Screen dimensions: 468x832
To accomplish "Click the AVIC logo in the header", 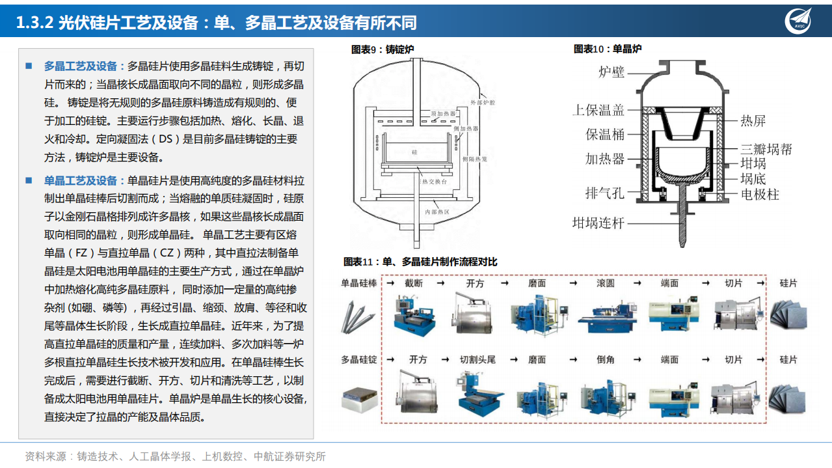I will (x=799, y=21).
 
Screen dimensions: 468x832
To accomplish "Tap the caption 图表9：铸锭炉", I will (x=382, y=49).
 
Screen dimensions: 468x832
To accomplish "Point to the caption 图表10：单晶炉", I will (x=608, y=49).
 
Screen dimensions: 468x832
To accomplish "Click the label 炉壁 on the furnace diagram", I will (x=611, y=72).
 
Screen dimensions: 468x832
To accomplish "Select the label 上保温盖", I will (x=598, y=110).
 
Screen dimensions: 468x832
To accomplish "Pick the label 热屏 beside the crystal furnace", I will (x=753, y=120).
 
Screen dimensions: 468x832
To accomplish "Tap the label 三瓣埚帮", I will (x=766, y=149).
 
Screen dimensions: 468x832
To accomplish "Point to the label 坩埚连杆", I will (x=598, y=223).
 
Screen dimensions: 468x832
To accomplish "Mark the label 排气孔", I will (x=604, y=193).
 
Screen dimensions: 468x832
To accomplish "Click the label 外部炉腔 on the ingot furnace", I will (x=483, y=103).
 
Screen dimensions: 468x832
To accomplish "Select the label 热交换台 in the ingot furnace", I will (x=435, y=182).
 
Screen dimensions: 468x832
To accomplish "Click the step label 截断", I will (x=413, y=283).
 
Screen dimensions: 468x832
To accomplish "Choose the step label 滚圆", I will (x=605, y=283).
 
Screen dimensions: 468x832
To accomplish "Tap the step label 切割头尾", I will (x=477, y=359).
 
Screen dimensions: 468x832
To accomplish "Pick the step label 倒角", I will (x=605, y=359).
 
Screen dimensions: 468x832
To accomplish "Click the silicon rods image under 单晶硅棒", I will (x=358, y=316).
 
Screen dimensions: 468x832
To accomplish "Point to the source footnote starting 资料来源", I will (x=175, y=456).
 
